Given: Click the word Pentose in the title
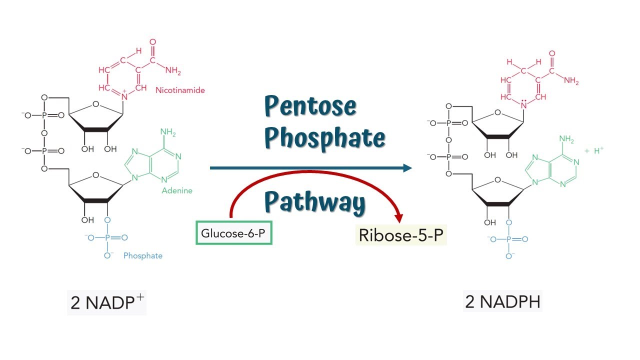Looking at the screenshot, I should click(310, 106).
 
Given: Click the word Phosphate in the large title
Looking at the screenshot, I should click(325, 137).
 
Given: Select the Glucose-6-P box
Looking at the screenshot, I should click(233, 232).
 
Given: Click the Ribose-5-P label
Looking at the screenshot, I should click(401, 235).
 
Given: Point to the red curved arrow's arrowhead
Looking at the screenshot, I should click(398, 218).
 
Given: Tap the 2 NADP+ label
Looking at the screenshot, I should click(106, 302).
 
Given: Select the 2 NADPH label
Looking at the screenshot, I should click(502, 301).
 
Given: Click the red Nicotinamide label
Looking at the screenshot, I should click(180, 90).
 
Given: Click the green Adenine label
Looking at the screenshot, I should click(177, 190).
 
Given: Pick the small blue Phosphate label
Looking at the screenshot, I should click(143, 255).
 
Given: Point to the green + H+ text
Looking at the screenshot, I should click(594, 150).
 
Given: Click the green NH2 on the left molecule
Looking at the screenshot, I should click(168, 132).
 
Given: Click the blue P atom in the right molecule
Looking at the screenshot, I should click(509, 239).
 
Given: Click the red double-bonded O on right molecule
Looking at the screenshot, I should click(552, 53).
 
